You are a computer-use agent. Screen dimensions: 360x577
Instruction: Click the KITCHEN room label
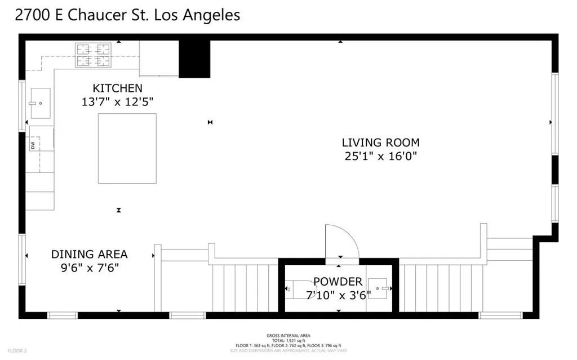click(x=117, y=88)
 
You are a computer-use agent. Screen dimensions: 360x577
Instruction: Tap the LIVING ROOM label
click(x=381, y=143)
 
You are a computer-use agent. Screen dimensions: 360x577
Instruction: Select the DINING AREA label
click(x=89, y=254)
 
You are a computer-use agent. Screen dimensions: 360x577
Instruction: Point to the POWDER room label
click(x=338, y=281)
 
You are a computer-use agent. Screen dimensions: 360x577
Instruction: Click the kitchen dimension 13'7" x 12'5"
click(x=117, y=102)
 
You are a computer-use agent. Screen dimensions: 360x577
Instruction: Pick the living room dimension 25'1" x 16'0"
click(x=381, y=156)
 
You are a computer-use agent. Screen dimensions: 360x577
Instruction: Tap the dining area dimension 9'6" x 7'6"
click(x=89, y=268)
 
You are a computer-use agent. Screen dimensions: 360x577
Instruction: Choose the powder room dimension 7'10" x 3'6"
click(x=338, y=294)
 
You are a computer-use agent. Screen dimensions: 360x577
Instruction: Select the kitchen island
click(x=127, y=148)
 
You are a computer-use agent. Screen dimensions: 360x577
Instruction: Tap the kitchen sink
click(x=40, y=103)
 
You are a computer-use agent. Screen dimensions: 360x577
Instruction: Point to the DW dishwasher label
click(x=33, y=145)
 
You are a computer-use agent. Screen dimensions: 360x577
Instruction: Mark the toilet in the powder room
click(x=299, y=290)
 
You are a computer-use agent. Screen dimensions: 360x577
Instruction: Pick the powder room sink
click(x=379, y=289)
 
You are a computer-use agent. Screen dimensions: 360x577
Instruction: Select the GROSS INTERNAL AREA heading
click(x=288, y=336)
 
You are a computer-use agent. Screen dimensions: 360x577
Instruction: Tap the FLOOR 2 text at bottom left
click(x=17, y=350)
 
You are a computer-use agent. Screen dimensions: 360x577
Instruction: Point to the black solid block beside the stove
click(x=194, y=59)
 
